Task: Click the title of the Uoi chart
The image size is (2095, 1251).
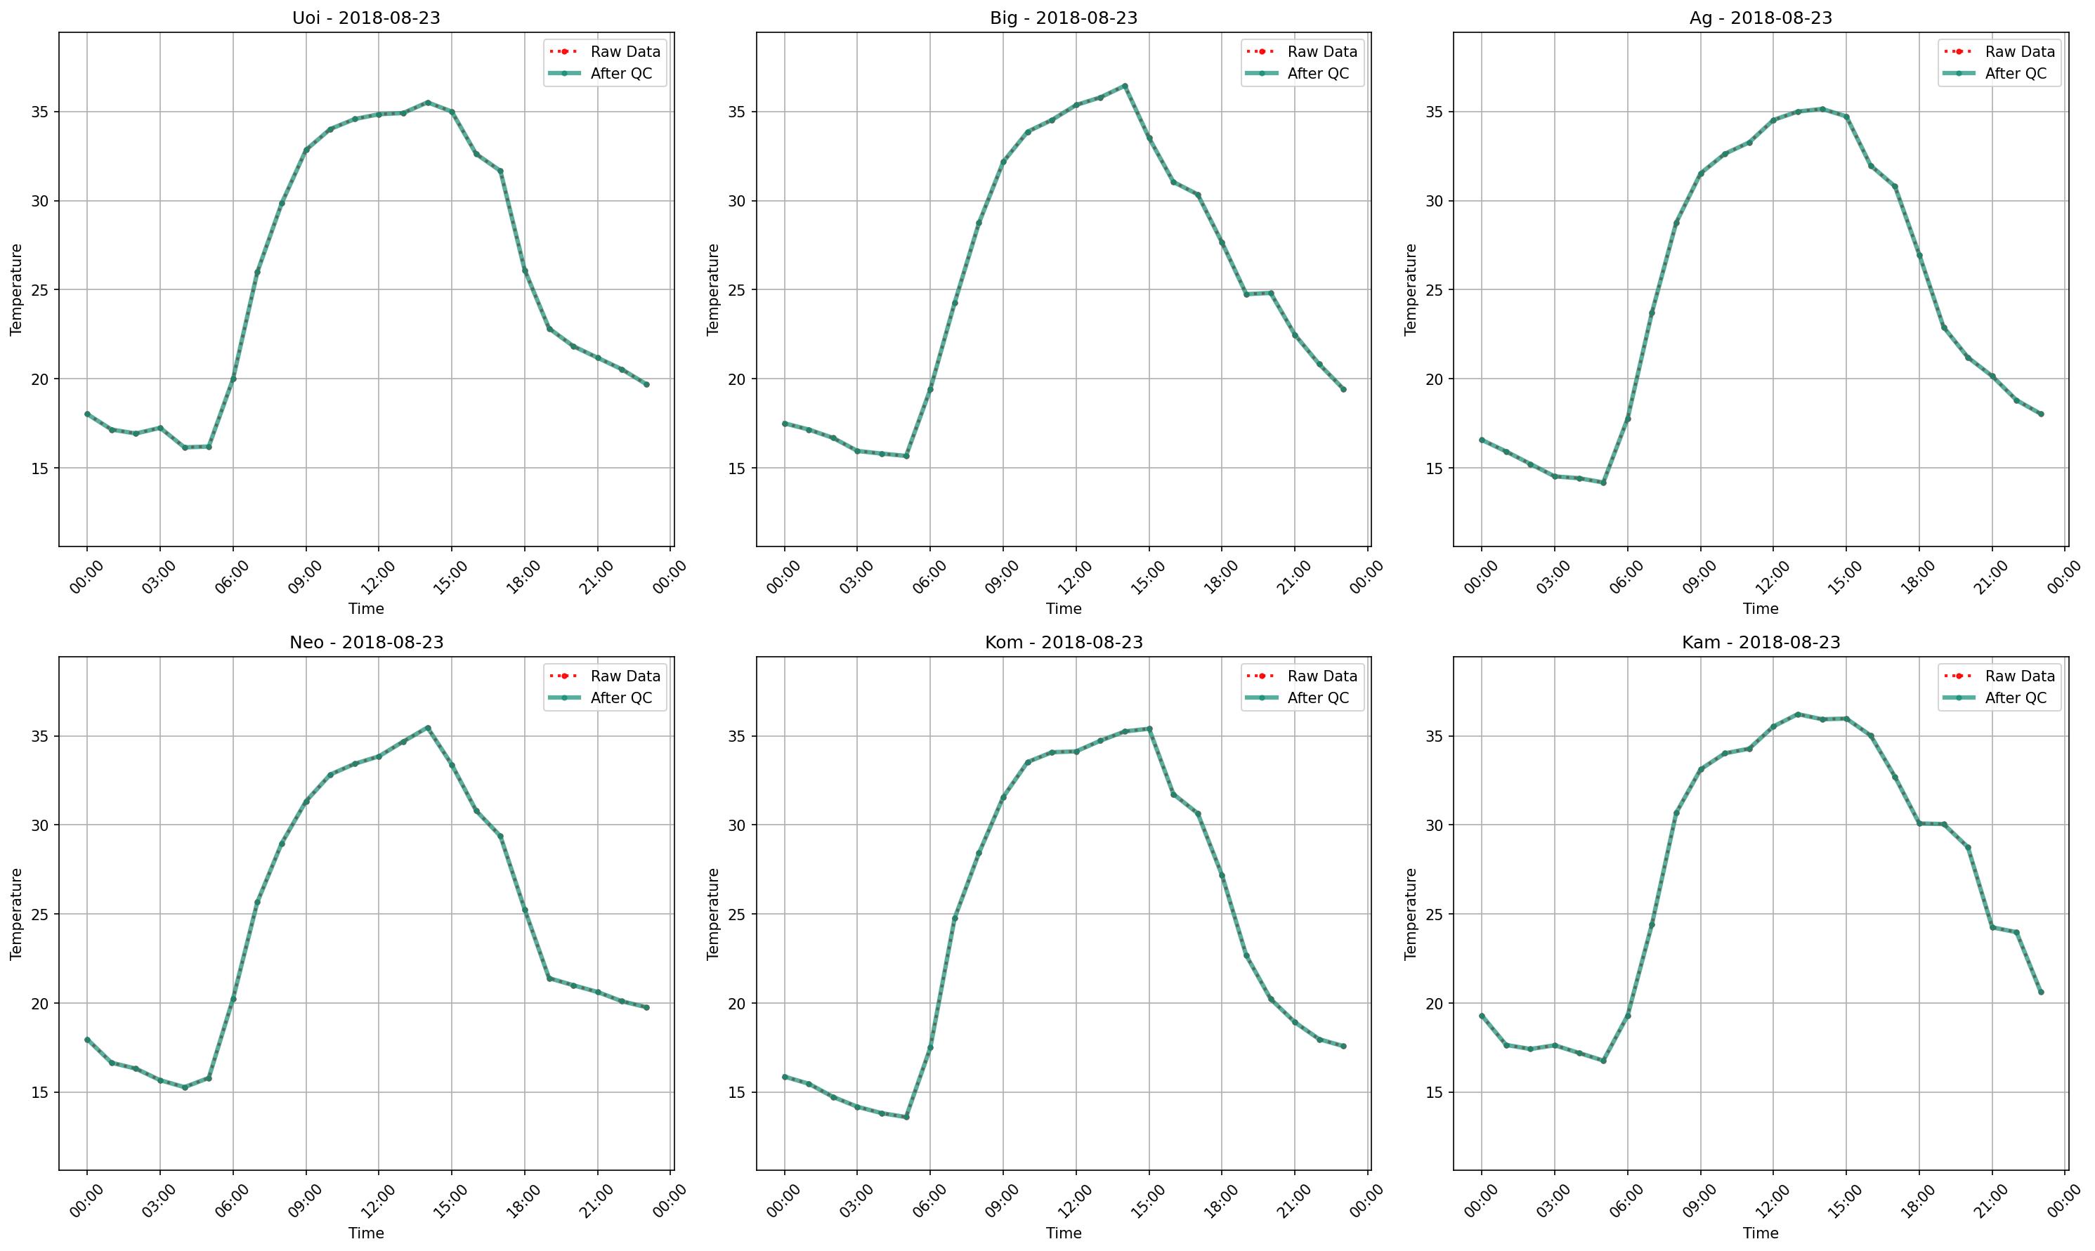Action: (366, 18)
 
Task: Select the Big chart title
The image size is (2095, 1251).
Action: (1063, 18)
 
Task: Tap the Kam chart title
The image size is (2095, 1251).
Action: (1761, 643)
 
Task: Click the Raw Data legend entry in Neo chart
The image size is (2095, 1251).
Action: (625, 676)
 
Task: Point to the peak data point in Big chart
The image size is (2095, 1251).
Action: (1125, 86)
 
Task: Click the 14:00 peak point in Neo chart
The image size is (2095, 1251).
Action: (427, 728)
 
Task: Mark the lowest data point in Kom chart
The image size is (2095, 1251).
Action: (906, 1117)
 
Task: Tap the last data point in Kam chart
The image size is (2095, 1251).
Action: (2041, 993)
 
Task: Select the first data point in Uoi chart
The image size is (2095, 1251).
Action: (87, 414)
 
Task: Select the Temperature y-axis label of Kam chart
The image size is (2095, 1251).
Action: (1411, 914)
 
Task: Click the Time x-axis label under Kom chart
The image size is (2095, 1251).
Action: (1063, 1233)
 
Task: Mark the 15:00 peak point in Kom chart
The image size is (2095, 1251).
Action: (1149, 729)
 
